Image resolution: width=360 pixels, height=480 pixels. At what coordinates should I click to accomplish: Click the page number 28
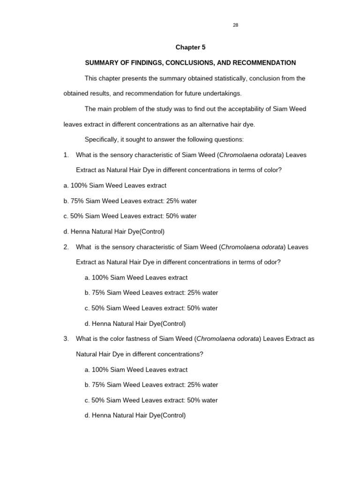pos(235,25)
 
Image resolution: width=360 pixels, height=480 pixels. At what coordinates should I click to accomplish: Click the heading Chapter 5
pos(190,47)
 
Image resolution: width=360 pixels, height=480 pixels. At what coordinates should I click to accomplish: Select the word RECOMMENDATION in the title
pos(265,63)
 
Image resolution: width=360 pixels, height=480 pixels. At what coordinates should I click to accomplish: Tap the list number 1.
pos(66,155)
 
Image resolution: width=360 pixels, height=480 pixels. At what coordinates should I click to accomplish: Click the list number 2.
pos(66,247)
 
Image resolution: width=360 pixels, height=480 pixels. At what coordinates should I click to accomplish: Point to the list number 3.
pos(66,339)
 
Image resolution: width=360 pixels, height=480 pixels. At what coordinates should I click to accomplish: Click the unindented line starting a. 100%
pos(115,186)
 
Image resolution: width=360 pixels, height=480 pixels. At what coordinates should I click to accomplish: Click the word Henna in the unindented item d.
pos(79,232)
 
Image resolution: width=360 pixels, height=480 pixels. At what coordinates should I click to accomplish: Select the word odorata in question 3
pos(246,339)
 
